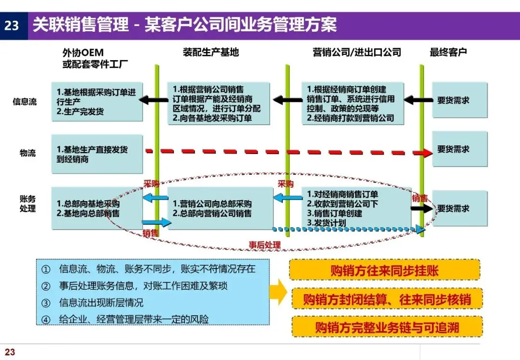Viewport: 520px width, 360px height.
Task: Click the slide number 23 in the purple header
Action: pyautogui.click(x=12, y=25)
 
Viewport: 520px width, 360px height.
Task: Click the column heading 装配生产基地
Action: pyautogui.click(x=211, y=52)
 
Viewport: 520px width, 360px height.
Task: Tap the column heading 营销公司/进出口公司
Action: pyautogui.click(x=357, y=52)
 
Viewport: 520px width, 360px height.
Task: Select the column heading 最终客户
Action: pyautogui.click(x=448, y=52)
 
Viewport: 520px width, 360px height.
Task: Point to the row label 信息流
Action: pyautogui.click(x=25, y=102)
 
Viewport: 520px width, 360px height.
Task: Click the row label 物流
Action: pyautogui.click(x=27, y=153)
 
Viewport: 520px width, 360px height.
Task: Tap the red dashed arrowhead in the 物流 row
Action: pyautogui.click(x=426, y=153)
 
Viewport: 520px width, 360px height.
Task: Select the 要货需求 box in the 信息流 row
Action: pyautogui.click(x=459, y=101)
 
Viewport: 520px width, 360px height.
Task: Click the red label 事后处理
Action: pyautogui.click(x=264, y=244)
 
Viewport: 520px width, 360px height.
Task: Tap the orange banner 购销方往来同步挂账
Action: pyautogui.click(x=384, y=270)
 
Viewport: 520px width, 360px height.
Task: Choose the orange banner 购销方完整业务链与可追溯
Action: pyautogui.click(x=387, y=327)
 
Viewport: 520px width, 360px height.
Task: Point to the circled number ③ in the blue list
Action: pyautogui.click(x=46, y=303)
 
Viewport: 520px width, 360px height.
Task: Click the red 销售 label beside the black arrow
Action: pyautogui.click(x=419, y=198)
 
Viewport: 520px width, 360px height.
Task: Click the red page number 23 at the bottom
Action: pyautogui.click(x=10, y=352)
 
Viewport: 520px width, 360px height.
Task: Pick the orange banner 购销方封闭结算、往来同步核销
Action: pyautogui.click(x=386, y=299)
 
